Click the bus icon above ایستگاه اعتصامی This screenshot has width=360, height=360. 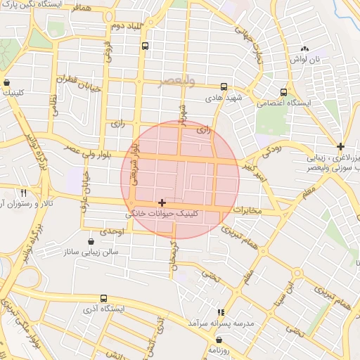click(283, 92)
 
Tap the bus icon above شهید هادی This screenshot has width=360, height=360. click(224, 87)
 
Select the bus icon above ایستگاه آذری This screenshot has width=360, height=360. click(104, 299)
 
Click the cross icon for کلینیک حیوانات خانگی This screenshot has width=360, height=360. click(162, 202)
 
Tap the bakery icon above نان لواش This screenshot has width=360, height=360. click(304, 49)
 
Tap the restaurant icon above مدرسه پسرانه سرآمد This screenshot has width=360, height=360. click(221, 311)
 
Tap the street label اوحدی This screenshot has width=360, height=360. click(111, 231)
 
